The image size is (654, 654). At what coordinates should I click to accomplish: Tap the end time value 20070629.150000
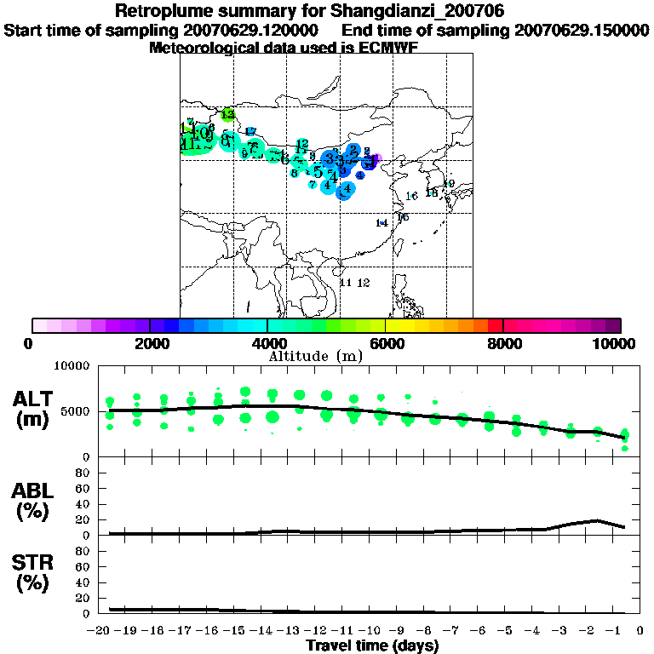click(x=582, y=31)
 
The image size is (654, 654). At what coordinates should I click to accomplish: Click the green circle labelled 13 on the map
click(x=227, y=114)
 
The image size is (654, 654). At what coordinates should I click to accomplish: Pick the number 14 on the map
click(x=381, y=223)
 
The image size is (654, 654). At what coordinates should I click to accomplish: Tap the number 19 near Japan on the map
click(x=449, y=184)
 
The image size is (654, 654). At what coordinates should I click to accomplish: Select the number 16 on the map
click(x=411, y=197)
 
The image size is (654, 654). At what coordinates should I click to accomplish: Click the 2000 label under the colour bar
click(x=150, y=343)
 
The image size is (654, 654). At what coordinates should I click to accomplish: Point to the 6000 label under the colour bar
click(x=386, y=343)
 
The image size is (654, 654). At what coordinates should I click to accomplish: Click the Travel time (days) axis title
click(x=372, y=646)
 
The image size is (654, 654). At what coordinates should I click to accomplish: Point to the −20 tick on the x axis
click(x=100, y=630)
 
